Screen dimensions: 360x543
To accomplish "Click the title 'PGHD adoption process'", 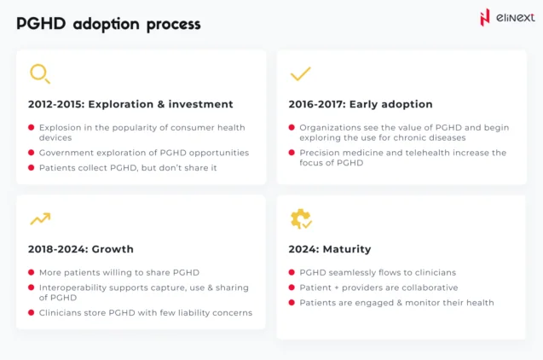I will click(x=108, y=24).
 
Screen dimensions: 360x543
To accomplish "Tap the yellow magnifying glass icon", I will click(x=39, y=74).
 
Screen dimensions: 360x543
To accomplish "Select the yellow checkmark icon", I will click(x=300, y=74).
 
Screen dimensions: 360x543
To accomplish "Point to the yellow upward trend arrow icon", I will click(x=39, y=219).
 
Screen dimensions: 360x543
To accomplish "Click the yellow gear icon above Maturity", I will click(x=300, y=219).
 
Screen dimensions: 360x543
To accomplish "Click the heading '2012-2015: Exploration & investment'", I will click(x=130, y=104).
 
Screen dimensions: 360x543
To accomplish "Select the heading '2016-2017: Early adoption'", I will click(x=361, y=104).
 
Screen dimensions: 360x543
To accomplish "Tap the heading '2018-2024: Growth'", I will click(x=81, y=249).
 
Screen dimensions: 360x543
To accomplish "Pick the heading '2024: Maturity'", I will click(x=330, y=249).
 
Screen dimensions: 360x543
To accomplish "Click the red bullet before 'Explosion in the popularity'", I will click(x=32, y=128).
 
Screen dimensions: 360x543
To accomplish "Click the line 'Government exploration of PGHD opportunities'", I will click(x=143, y=153).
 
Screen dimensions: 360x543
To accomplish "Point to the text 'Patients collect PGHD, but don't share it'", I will click(x=128, y=168).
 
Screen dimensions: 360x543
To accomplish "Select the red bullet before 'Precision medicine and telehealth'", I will click(x=292, y=153).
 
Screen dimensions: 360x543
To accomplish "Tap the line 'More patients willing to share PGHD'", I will click(x=118, y=273).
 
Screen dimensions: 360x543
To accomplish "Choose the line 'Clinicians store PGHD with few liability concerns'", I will click(x=145, y=313).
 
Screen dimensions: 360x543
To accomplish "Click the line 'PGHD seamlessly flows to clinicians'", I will click(x=378, y=273).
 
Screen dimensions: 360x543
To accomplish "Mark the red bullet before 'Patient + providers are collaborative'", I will click(x=292, y=288).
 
